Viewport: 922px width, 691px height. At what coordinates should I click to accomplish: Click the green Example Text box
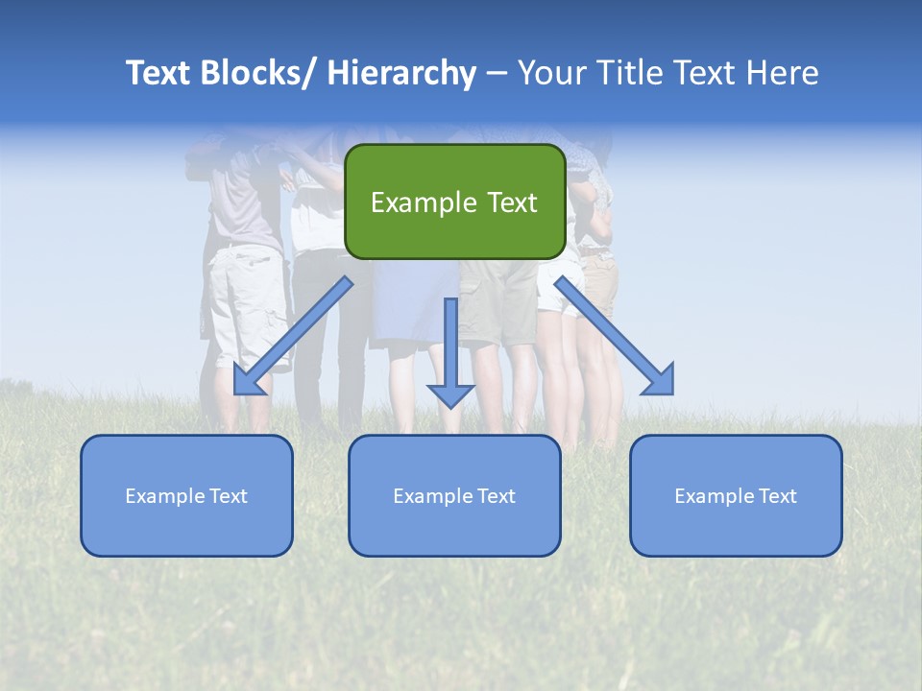pyautogui.click(x=454, y=202)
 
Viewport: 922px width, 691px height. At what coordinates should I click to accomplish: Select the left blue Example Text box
pyautogui.click(x=186, y=495)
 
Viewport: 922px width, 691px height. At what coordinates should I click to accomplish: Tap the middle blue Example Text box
pyautogui.click(x=454, y=495)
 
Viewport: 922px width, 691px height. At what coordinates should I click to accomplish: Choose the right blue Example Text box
pyautogui.click(x=736, y=495)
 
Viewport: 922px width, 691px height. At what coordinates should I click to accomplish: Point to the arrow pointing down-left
pyautogui.click(x=293, y=336)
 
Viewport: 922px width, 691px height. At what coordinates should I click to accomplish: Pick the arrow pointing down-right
pyautogui.click(x=615, y=336)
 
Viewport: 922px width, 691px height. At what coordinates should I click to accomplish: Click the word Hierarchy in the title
pyautogui.click(x=401, y=73)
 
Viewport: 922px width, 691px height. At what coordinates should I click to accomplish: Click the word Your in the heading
pyautogui.click(x=550, y=73)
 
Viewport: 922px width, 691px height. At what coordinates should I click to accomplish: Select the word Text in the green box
pyautogui.click(x=511, y=203)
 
